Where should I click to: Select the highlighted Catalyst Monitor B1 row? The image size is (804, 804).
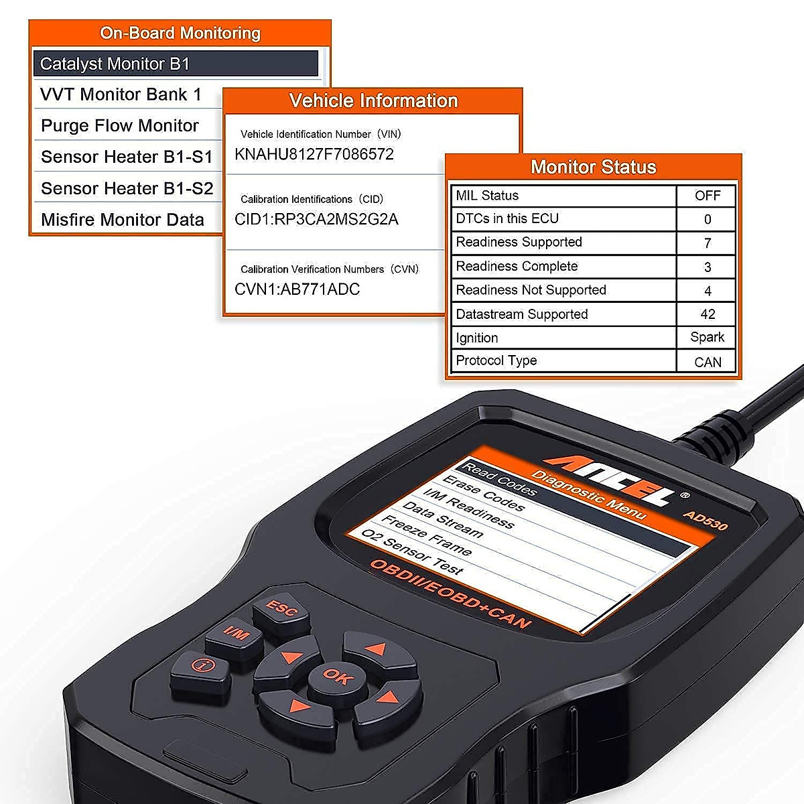tap(176, 64)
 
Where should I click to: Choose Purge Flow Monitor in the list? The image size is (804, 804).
tap(120, 126)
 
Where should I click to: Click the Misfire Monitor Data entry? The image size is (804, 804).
tap(123, 220)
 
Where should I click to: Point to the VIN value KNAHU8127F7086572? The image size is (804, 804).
tap(314, 154)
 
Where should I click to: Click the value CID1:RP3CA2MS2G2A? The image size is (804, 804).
tap(316, 219)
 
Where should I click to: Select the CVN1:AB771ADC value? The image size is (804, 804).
tap(297, 289)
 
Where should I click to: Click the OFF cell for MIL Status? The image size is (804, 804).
tap(708, 196)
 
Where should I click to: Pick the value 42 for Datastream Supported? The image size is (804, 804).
tap(708, 314)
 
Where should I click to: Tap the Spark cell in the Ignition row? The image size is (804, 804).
tap(708, 337)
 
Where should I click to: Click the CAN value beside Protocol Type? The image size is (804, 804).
tap(708, 362)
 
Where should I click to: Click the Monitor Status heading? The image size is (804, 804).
tap(593, 167)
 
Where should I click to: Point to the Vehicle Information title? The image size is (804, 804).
tap(373, 101)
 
